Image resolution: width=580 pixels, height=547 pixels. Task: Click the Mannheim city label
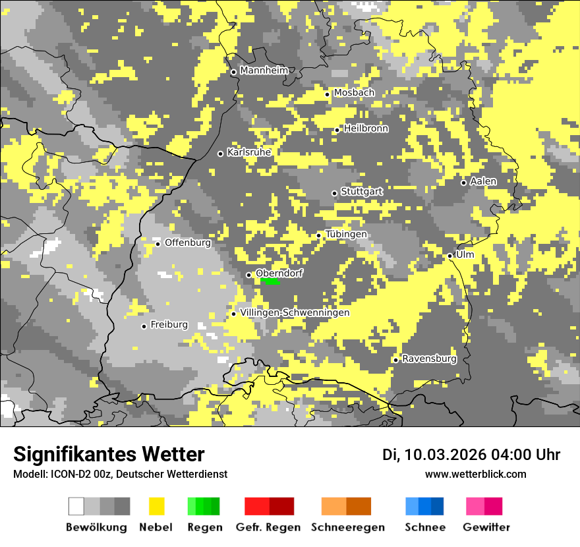(x=264, y=71)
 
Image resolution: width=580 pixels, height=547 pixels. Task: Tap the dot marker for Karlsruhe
(x=221, y=154)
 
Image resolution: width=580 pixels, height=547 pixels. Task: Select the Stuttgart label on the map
(x=362, y=192)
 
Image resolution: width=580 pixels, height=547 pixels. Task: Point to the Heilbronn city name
(x=366, y=129)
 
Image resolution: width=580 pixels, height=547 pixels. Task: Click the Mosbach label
(x=354, y=93)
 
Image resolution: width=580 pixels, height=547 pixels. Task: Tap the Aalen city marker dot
(x=463, y=183)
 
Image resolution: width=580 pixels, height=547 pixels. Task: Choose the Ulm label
(x=465, y=254)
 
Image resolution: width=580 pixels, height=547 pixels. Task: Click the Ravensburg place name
(x=429, y=359)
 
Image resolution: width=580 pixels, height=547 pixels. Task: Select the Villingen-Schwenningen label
(x=295, y=312)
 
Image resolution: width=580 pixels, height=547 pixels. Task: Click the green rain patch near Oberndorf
(x=270, y=281)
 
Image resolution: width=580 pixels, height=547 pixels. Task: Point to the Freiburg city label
(x=169, y=325)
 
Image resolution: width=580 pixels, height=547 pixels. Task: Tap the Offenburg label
(x=188, y=243)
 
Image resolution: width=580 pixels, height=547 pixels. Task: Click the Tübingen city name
(x=346, y=235)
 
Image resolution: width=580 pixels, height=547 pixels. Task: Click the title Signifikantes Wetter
(x=109, y=455)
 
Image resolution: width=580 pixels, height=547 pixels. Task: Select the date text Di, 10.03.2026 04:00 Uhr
(x=471, y=455)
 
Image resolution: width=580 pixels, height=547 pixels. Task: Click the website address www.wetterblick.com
(x=476, y=474)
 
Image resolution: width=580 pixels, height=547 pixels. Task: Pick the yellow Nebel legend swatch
(x=157, y=506)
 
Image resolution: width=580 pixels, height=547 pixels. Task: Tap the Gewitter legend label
(x=486, y=527)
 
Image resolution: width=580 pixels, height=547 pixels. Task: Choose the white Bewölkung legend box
(x=76, y=506)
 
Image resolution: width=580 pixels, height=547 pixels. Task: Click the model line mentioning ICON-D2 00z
(x=120, y=474)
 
